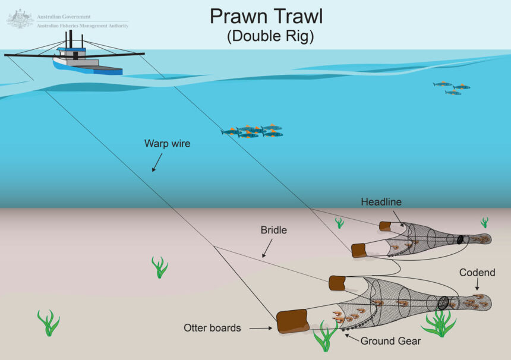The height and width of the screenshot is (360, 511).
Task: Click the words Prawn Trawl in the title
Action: [x=270, y=16]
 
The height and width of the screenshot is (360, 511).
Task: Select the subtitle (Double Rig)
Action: [x=270, y=36]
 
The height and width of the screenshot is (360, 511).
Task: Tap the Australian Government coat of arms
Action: [x=20, y=19]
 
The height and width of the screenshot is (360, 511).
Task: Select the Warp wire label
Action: [x=167, y=143]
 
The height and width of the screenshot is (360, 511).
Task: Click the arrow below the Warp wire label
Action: [x=157, y=162]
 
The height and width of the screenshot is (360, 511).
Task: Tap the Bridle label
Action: [x=274, y=230]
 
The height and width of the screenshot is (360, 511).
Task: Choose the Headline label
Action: [x=381, y=202]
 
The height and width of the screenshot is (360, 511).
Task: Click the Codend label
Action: [x=477, y=273]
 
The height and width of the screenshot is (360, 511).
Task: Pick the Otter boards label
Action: [x=212, y=327]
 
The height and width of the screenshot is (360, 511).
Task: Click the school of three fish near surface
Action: [x=452, y=89]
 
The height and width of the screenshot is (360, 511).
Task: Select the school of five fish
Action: [x=253, y=131]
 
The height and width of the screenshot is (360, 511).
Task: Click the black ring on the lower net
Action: [x=443, y=301]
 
